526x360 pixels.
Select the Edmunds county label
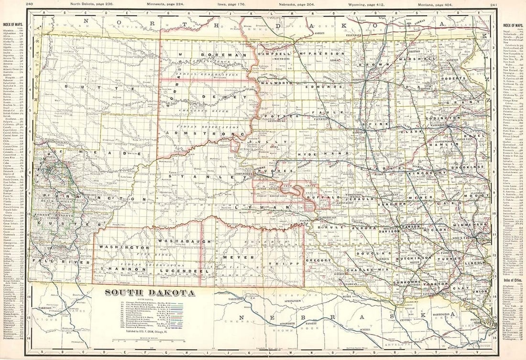tap(326, 87)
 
